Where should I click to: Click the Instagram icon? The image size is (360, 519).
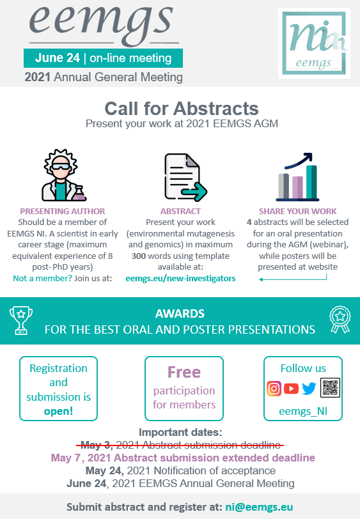274,389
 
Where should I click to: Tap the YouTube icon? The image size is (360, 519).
291,389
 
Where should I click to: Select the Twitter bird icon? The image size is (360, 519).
309,389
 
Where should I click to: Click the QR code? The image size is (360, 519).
330,387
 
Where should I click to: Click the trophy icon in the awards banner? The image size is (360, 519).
21,320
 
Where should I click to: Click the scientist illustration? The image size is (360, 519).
63,175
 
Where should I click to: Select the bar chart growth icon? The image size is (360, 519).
298,177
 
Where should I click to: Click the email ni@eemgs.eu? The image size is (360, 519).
259,507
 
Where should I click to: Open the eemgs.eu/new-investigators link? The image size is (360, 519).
180,279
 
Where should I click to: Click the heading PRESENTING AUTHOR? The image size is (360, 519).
63,211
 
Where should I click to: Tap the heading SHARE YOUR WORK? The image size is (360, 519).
298,211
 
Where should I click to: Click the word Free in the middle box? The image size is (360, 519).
184,372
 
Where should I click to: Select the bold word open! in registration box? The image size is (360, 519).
58,411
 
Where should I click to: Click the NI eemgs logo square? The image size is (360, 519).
315,43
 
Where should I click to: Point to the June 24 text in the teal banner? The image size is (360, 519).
58,58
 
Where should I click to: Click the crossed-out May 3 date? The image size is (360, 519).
97,445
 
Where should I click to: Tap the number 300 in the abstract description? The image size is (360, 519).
138,256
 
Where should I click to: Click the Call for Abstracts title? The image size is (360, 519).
182,108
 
